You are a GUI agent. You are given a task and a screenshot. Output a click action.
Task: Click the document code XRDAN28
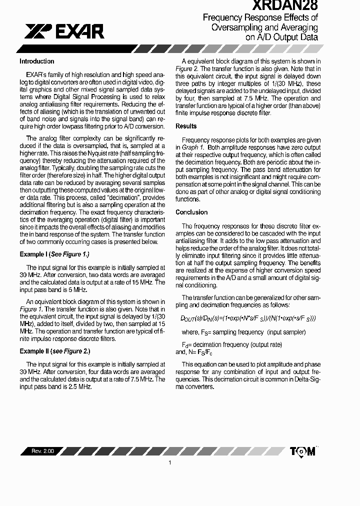click(x=284, y=5)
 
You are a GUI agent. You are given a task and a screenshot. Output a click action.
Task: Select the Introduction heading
click(x=36, y=61)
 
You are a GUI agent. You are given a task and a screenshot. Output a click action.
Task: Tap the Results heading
click(x=186, y=126)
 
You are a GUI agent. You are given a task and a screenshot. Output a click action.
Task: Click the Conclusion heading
click(x=191, y=212)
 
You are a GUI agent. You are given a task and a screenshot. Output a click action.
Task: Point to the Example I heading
click(x=54, y=254)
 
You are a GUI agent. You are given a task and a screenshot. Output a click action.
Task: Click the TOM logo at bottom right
click(x=302, y=451)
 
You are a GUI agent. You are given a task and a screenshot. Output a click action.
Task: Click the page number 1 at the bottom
click(x=170, y=463)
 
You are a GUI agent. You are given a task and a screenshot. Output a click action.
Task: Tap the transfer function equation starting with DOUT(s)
click(x=247, y=318)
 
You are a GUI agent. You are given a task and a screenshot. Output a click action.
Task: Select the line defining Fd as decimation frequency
click(x=231, y=345)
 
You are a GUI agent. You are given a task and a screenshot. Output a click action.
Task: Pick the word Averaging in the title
click(x=298, y=27)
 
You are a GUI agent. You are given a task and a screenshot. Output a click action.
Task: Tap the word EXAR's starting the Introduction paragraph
click(x=35, y=74)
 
